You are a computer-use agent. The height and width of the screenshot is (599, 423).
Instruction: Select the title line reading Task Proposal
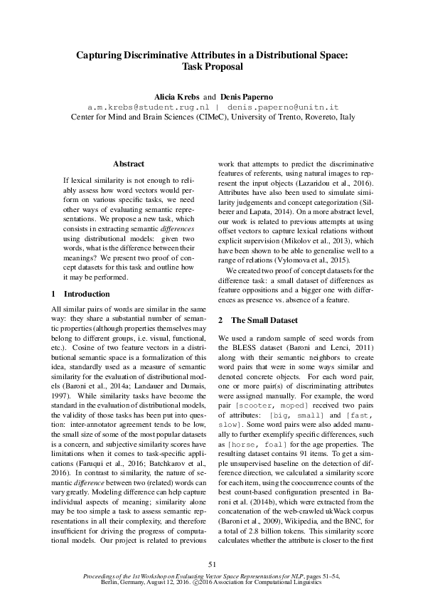click(x=212, y=67)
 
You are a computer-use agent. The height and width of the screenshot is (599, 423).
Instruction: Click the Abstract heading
click(x=128, y=164)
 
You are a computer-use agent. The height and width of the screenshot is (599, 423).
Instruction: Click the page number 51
click(x=211, y=564)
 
